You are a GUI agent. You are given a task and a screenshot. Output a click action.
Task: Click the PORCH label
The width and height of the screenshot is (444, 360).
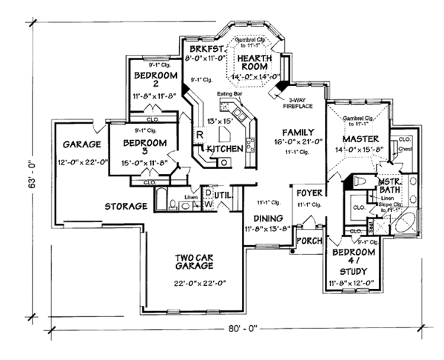[x=307, y=241]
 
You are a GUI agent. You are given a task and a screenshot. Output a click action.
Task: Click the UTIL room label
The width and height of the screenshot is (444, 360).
[x=223, y=195]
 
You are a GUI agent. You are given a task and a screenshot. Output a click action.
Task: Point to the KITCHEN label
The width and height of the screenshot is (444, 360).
[x=225, y=149]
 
